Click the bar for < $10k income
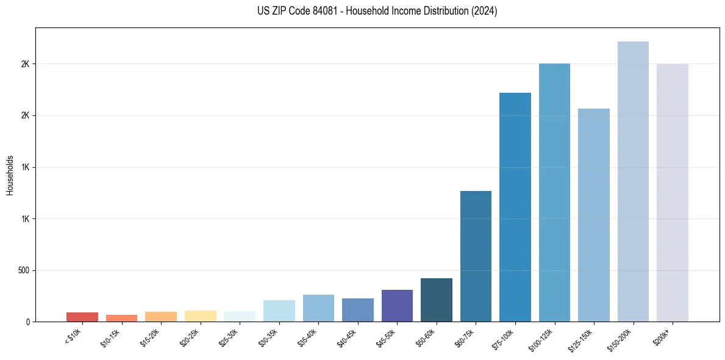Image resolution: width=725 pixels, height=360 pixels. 82,317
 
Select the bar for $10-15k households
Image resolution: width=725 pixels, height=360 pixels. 121,318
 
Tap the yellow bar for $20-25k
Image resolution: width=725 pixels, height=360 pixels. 200,316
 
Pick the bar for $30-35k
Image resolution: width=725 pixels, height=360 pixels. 279,311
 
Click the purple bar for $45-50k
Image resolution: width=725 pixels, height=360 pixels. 397,306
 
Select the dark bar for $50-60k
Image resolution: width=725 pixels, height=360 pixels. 437,300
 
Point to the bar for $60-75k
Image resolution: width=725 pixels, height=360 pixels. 476,256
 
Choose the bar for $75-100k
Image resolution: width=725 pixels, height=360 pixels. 515,207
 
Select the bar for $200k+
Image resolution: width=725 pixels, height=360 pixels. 673,192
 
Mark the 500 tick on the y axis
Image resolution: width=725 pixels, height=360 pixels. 24,270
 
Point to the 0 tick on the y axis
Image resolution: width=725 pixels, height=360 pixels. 28,322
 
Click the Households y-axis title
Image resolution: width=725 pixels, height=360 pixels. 10,175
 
